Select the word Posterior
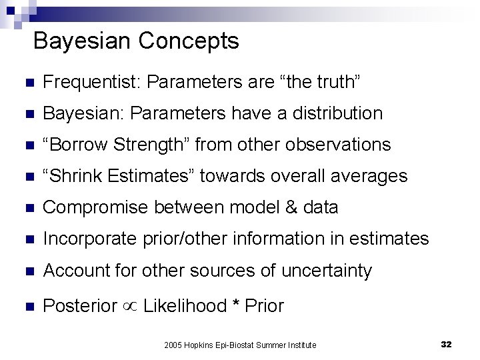point(80,306)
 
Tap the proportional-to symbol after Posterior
point(130,307)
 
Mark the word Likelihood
point(185,306)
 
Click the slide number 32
point(447,344)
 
